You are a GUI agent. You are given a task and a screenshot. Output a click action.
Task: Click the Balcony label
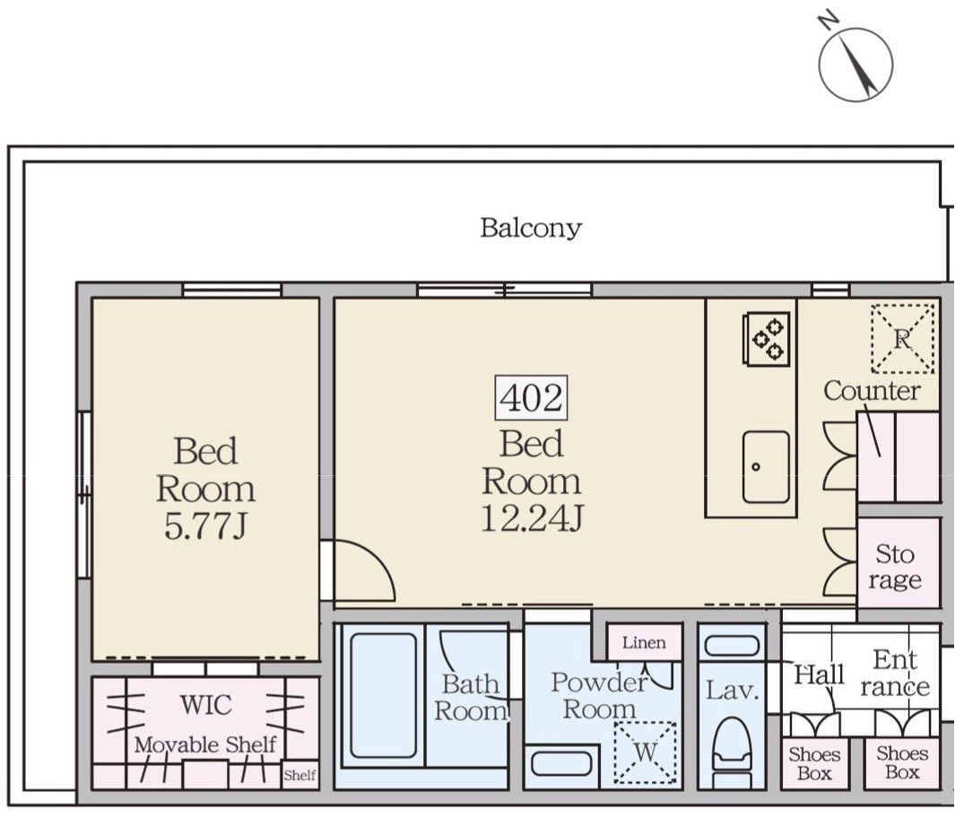[531, 228]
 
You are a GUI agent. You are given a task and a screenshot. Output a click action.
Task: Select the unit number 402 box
[531, 397]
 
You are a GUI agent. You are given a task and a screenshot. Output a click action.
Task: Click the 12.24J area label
[531, 518]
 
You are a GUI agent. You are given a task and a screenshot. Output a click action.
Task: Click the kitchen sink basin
[766, 466]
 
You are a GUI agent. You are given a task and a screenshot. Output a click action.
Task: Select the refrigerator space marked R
[902, 338]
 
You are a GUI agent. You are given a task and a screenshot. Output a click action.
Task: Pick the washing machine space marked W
[645, 753]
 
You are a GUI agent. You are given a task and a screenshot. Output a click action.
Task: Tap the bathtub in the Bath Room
[382, 696]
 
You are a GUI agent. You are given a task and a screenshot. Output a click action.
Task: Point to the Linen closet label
[644, 643]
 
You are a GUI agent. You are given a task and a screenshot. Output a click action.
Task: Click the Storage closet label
[895, 567]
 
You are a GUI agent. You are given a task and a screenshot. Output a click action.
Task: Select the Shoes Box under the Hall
[814, 763]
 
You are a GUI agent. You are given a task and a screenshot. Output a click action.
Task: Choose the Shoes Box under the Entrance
[902, 762]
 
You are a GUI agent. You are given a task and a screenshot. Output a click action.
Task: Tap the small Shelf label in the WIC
[300, 775]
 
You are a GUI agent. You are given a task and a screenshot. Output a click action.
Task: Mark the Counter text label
[872, 390]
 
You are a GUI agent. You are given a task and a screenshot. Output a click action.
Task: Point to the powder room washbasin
[561, 763]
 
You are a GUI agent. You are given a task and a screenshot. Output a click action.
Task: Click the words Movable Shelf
[205, 744]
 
